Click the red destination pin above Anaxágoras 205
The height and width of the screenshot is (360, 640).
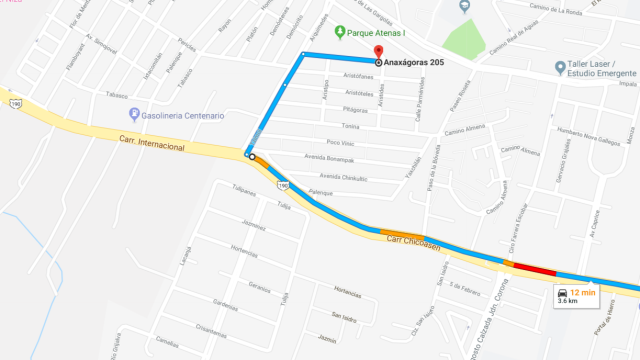pyautogui.click(x=378, y=52)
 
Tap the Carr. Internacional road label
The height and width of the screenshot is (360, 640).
pyautogui.click(x=151, y=147)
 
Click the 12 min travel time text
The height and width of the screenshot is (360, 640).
pyautogui.click(x=583, y=291)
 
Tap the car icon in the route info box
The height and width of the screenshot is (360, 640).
pyautogui.click(x=563, y=291)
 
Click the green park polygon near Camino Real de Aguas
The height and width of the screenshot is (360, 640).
pyautogui.click(x=466, y=38)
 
